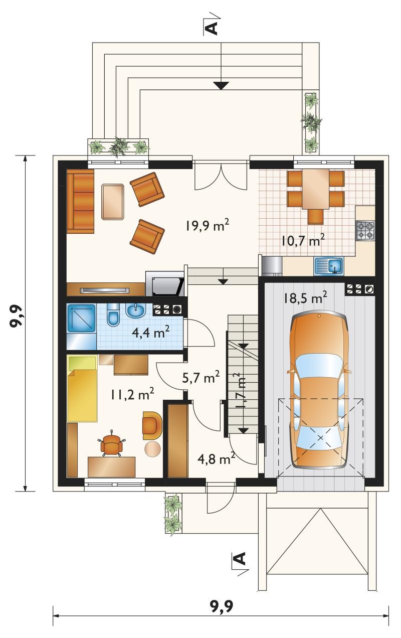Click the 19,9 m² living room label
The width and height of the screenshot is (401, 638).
(208, 226)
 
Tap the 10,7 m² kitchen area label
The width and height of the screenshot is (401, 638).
(303, 241)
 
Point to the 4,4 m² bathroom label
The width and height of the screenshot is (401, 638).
(151, 332)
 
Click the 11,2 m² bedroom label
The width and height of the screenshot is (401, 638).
(133, 394)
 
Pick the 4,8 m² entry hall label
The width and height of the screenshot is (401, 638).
(217, 459)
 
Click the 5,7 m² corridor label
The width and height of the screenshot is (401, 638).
(201, 377)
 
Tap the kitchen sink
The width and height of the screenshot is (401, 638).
(329, 266)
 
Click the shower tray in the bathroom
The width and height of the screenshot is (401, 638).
(81, 318)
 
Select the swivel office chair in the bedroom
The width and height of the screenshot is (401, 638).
(112, 445)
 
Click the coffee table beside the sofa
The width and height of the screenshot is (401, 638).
(113, 202)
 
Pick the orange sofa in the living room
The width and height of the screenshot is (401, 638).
(81, 201)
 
